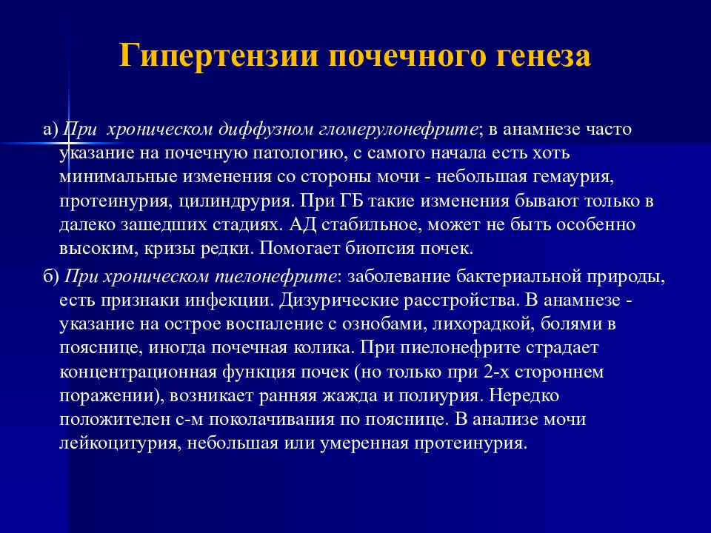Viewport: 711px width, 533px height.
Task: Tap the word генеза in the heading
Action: pos(535,57)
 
